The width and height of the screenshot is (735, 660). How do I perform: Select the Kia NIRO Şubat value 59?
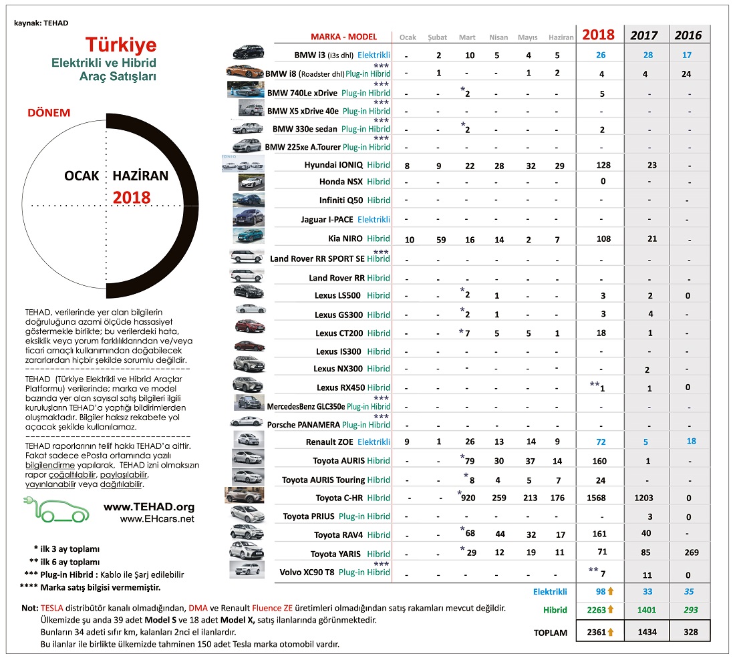click(438, 239)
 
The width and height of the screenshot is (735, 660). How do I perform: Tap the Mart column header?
click(468, 37)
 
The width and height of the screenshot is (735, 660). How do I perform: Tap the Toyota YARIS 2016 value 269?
click(692, 552)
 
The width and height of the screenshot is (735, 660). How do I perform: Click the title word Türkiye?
click(121, 45)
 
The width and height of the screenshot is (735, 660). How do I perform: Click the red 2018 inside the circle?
click(132, 198)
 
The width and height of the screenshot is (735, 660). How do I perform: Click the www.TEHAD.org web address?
click(149, 507)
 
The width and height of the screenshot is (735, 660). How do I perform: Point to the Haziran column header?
click(561, 37)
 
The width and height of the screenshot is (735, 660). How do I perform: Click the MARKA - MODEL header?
click(343, 37)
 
